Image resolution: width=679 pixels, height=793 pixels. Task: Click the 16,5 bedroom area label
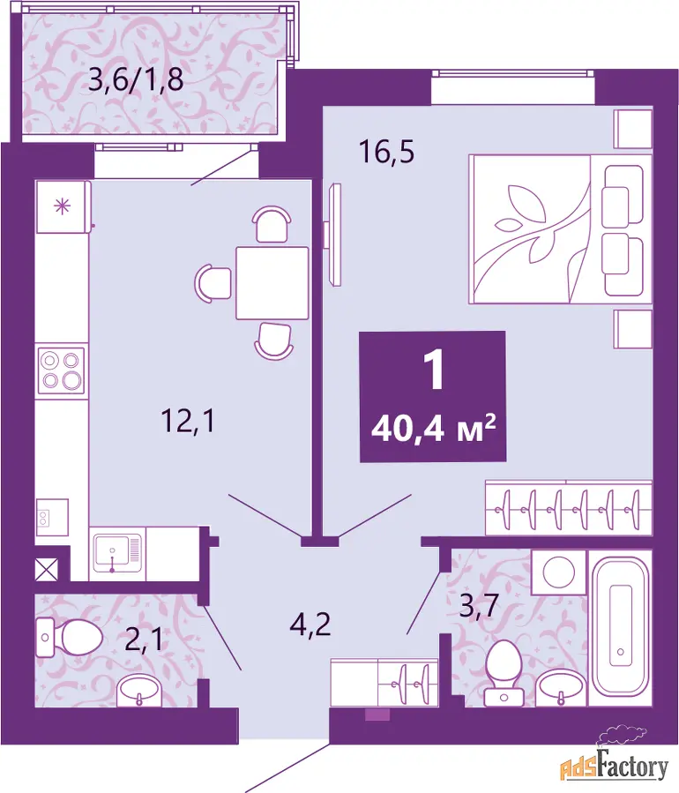click(387, 152)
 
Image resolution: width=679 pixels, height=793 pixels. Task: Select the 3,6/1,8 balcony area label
click(136, 79)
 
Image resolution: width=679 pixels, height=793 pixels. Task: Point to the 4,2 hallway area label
click(310, 625)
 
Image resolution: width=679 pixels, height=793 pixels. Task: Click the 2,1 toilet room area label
click(144, 640)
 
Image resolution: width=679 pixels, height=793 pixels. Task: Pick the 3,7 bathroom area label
click(479, 606)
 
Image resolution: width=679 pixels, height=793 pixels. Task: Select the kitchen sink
click(117, 554)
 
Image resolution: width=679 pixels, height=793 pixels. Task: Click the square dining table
click(272, 282)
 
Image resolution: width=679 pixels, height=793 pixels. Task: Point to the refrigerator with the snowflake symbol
click(63, 206)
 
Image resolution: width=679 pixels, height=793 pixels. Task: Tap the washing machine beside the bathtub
click(559, 572)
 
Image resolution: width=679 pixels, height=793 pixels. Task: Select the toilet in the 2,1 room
click(70, 637)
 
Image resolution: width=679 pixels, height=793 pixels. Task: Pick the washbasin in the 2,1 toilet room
click(139, 692)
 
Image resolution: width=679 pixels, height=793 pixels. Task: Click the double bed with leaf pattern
click(560, 228)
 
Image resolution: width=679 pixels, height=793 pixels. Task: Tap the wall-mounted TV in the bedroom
click(334, 235)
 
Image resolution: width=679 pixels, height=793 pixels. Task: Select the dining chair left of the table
click(213, 283)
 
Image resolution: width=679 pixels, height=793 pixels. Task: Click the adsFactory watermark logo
click(614, 757)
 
